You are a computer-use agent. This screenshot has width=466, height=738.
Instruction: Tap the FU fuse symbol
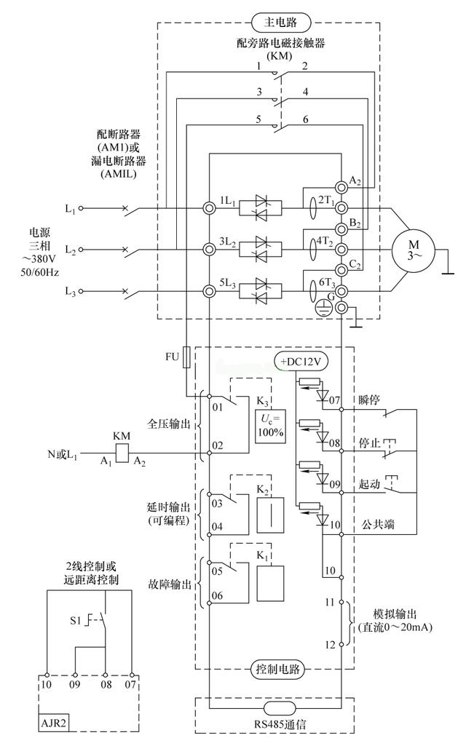(187, 356)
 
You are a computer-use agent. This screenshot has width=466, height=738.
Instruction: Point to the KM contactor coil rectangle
(122, 452)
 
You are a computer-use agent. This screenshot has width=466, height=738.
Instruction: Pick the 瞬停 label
(368, 400)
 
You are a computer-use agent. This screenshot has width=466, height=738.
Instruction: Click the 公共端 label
(373, 524)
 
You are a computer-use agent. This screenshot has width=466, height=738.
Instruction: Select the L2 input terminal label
(70, 250)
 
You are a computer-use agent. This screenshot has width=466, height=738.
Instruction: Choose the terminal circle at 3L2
(210, 250)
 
